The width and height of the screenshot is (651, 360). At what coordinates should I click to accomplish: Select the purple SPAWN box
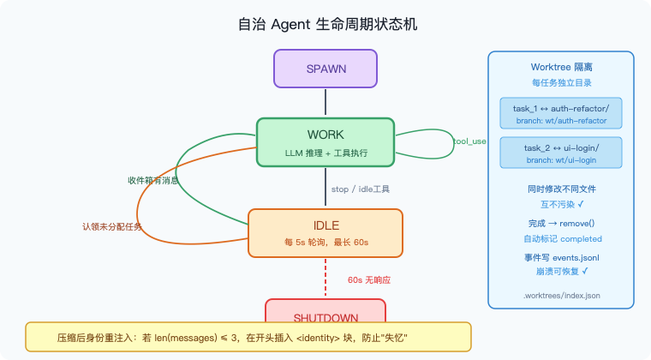325,69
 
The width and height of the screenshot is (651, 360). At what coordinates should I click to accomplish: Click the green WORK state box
325,142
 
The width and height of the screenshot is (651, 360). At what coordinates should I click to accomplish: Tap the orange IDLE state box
325,232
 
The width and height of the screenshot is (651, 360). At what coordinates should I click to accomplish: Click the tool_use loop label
469,141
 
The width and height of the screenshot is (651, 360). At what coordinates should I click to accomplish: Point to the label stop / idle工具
360,189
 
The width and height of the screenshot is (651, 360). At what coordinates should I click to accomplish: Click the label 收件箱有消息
153,181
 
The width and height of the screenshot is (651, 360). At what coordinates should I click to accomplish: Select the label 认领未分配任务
112,227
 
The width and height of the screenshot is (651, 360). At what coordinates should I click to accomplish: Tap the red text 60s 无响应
369,279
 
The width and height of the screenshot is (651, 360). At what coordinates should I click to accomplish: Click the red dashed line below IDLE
325,277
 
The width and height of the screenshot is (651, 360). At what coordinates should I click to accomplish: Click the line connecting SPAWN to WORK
325,102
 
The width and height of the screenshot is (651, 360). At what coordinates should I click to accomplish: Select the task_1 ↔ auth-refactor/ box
561,114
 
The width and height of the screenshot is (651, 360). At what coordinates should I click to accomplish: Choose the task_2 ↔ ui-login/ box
561,153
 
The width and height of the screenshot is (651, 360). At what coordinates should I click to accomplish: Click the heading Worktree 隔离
561,67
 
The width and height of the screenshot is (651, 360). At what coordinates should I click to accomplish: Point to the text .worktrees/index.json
561,295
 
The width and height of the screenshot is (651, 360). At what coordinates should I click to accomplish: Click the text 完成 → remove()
561,223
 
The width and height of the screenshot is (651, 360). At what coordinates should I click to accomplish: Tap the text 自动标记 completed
561,239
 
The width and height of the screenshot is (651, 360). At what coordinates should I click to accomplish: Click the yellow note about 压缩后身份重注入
248,337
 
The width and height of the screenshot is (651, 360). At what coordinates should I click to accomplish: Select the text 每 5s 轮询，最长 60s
325,243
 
